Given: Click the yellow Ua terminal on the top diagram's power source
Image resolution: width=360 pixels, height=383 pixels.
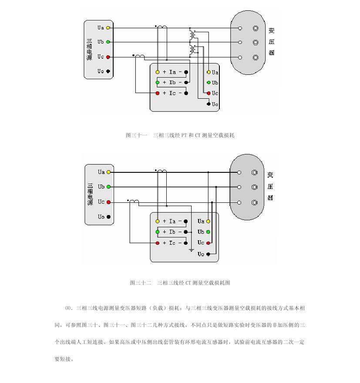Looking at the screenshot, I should tap(108, 28).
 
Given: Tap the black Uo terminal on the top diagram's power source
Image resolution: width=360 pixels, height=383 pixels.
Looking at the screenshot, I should tap(108, 71).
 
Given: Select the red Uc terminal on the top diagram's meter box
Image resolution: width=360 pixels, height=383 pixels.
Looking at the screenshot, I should tap(209, 93).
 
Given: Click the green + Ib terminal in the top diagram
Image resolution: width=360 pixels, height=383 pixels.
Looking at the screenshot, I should tap(158, 82).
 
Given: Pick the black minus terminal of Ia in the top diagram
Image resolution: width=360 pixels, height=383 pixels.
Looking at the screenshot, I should tap(186, 72).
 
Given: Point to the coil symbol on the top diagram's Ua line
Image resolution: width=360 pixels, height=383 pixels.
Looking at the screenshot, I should tap(162, 27).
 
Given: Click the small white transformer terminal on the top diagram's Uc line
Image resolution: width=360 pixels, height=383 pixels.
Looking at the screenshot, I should tap(240, 57).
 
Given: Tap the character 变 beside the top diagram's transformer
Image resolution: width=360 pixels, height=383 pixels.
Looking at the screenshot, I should tap(271, 30).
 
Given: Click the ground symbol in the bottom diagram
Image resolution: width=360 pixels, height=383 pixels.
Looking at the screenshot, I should tap(191, 250).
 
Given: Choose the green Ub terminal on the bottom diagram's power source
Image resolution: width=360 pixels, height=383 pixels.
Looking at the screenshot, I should tap(108, 187).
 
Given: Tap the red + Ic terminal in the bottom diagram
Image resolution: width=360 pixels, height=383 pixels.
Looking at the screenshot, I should tap(158, 243).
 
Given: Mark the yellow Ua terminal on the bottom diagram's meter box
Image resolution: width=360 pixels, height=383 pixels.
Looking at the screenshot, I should tap(208, 221).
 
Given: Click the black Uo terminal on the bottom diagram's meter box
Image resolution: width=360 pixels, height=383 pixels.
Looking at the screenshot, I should tap(208, 254).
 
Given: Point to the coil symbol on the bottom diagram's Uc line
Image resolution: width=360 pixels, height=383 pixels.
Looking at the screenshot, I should tap(135, 201).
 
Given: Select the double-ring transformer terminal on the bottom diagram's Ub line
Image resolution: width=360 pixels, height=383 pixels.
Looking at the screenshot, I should tap(254, 187).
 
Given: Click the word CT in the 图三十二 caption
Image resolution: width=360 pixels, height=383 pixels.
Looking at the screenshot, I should tap(188, 283).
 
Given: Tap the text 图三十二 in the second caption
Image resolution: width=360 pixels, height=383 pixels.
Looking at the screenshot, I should tap(141, 283).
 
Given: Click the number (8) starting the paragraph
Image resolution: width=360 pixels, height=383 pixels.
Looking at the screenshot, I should tap(68, 308).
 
